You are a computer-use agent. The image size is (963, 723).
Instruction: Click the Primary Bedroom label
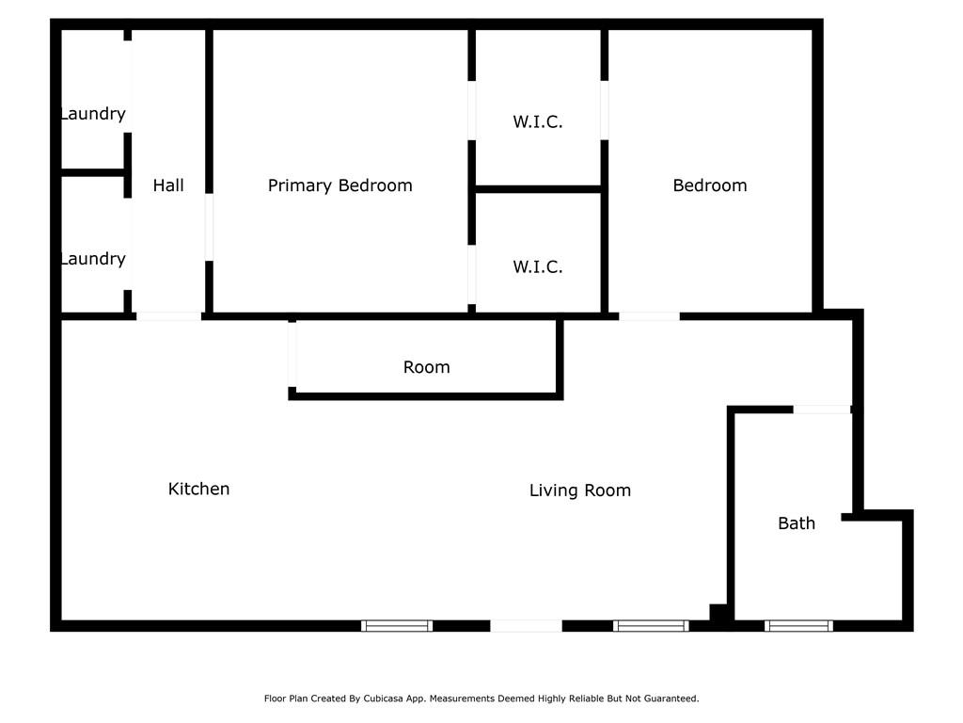pyautogui.click(x=339, y=185)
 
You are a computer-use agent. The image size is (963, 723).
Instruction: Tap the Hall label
pyautogui.click(x=168, y=185)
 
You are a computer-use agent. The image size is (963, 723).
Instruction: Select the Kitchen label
pyautogui.click(x=198, y=489)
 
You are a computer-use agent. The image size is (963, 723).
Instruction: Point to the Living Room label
pyautogui.click(x=579, y=490)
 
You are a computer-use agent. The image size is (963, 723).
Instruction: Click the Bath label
pyautogui.click(x=796, y=523)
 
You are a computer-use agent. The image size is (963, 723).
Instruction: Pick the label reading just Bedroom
pyautogui.click(x=709, y=185)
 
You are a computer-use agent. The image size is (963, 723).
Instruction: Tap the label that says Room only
pyautogui.click(x=426, y=367)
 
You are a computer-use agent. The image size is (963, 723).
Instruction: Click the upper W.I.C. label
pyautogui.click(x=537, y=121)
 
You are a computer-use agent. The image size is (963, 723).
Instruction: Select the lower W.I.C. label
pyautogui.click(x=537, y=267)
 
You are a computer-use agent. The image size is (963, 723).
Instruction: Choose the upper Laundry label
pyautogui.click(x=92, y=114)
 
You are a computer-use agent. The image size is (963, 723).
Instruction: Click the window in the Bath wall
pyautogui.click(x=797, y=625)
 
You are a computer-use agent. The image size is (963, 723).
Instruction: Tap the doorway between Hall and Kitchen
pyautogui.click(x=168, y=316)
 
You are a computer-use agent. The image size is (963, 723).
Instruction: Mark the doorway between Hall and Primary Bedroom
pyautogui.click(x=209, y=227)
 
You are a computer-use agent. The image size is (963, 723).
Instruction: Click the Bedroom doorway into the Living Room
pyautogui.click(x=649, y=316)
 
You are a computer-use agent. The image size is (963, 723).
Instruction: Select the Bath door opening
pyautogui.click(x=822, y=410)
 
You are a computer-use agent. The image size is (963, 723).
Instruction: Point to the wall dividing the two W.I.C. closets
pyautogui.click(x=537, y=189)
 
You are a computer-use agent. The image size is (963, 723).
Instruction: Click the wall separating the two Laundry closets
pyautogui.click(x=92, y=172)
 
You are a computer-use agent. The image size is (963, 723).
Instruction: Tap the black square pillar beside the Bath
pyautogui.click(x=719, y=612)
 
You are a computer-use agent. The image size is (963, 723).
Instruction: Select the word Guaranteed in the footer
pyautogui.click(x=668, y=699)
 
